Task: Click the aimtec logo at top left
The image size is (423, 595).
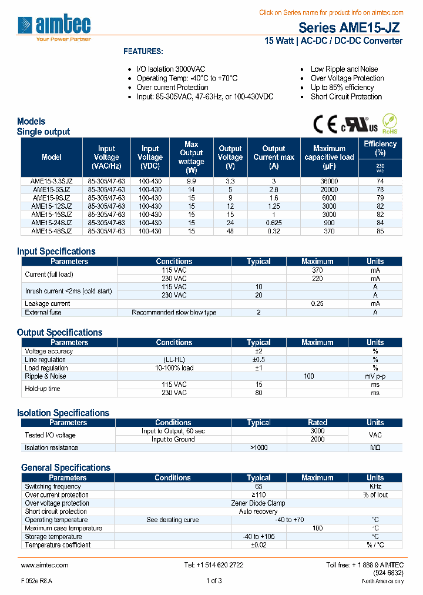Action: [x=54, y=26]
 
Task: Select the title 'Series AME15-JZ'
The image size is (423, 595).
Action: [x=350, y=27]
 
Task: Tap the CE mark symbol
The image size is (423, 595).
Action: [x=324, y=124]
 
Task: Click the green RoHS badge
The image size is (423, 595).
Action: [x=390, y=124]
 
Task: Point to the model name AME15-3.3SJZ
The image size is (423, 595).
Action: [x=52, y=182]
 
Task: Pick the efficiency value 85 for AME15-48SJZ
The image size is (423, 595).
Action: [x=380, y=232]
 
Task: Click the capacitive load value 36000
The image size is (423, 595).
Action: [x=329, y=182]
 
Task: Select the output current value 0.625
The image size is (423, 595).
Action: [x=274, y=223]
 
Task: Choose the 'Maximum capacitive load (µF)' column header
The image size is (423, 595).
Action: [x=329, y=157]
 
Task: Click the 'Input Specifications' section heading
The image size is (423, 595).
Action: [x=56, y=251]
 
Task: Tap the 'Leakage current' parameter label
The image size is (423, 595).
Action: [x=48, y=303]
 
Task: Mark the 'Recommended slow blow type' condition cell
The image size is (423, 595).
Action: [x=174, y=312]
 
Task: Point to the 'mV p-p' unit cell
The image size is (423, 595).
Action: [x=375, y=376]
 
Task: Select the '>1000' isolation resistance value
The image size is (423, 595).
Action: [x=258, y=448]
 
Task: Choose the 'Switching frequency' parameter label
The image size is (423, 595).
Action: [x=53, y=487]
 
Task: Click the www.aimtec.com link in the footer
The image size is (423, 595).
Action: [x=45, y=565]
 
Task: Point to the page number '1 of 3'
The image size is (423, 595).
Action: [x=214, y=581]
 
